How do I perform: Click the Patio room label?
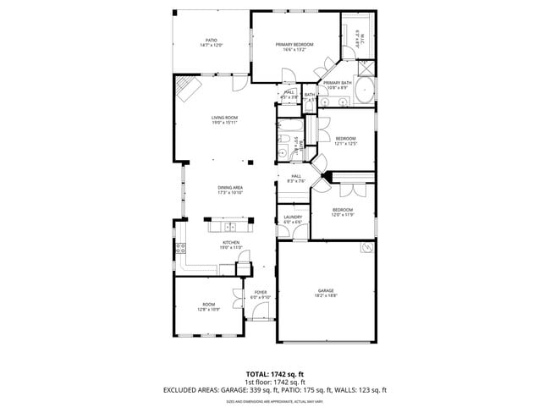212,42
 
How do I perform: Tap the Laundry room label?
293,219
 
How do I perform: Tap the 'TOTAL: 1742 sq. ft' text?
274,373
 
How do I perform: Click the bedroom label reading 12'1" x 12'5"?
345,141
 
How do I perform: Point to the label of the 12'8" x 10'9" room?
208,306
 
